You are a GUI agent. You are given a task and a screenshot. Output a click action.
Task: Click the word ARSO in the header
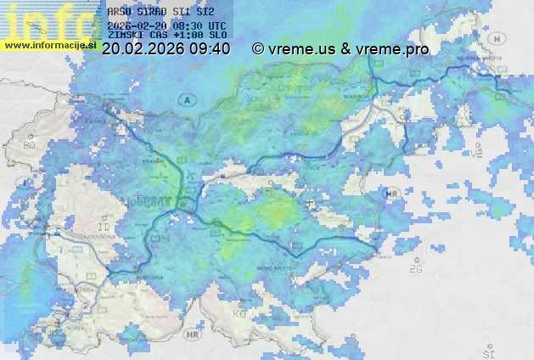coord(120,12)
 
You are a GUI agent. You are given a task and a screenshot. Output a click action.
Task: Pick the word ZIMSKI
coord(126,35)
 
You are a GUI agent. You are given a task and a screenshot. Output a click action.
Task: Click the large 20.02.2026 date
coord(142,49)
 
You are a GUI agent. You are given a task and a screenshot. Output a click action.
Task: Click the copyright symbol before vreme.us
coord(258,49)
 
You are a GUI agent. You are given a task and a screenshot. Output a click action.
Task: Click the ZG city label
coord(415,269)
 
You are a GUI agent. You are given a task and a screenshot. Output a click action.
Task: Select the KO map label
coord(239,314)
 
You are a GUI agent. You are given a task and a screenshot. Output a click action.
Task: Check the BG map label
coord(30,146)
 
